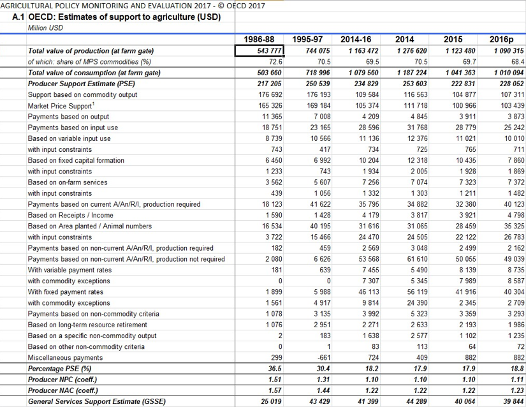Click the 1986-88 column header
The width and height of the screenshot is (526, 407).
click(259, 40)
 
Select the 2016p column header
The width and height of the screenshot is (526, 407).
click(502, 40)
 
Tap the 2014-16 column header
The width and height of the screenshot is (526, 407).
click(356, 40)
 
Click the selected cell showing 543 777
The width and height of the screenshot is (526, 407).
click(259, 50)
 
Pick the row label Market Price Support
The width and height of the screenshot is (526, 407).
click(60, 106)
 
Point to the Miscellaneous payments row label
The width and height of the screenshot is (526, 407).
click(65, 358)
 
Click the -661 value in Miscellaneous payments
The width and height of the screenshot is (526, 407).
click(323, 358)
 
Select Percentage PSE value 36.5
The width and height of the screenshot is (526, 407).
click(275, 369)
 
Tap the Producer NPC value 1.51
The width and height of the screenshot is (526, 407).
click(275, 380)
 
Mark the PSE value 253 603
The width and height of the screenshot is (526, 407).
click(415, 84)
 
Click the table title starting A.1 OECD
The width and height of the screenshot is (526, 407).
click(117, 17)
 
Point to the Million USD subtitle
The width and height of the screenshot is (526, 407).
click(45, 28)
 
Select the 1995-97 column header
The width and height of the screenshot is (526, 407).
click(307, 40)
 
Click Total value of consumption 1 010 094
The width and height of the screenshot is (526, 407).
click(509, 73)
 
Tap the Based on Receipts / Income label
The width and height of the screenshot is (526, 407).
click(70, 215)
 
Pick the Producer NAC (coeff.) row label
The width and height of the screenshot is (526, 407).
click(63, 390)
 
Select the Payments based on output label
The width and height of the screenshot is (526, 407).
click(68, 117)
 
